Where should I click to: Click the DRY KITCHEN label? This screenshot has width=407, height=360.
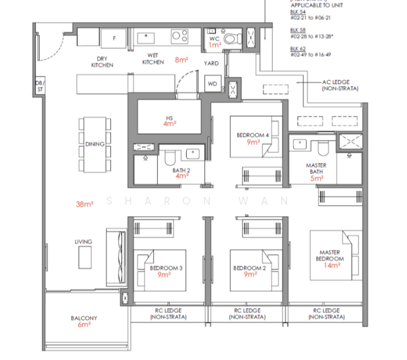(x=102, y=62)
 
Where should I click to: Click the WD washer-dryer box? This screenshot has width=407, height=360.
(x=212, y=83)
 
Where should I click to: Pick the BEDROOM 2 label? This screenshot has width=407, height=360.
(x=248, y=268)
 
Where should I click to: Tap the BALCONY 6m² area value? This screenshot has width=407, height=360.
(x=84, y=325)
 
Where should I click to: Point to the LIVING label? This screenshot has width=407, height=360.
(x=83, y=242)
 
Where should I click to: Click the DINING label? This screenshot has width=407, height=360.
(x=95, y=144)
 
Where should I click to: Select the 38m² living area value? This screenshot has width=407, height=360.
(x=85, y=204)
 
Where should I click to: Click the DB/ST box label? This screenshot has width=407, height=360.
(x=40, y=85)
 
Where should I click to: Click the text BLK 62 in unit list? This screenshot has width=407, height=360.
(x=295, y=47)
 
